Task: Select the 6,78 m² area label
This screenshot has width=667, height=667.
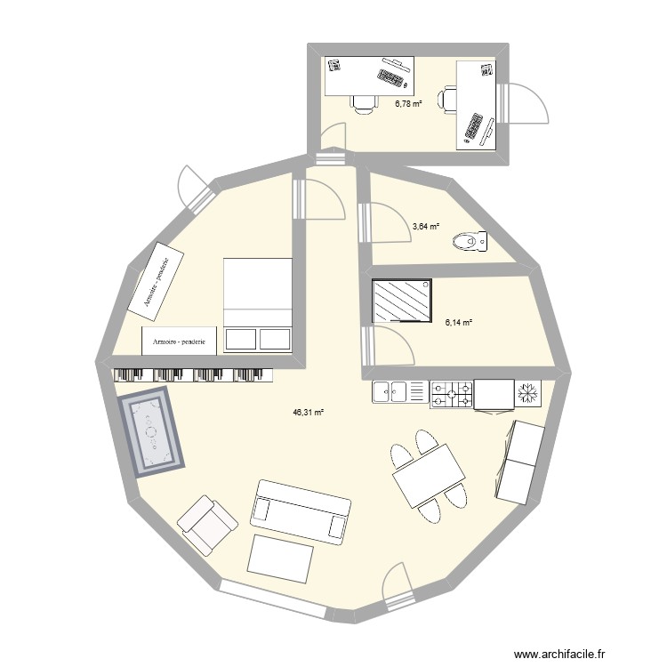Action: point(408,103)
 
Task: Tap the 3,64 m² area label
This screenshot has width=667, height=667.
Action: point(426,227)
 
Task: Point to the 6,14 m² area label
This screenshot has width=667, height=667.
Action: point(458,323)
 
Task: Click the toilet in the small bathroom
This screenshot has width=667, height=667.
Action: point(470,240)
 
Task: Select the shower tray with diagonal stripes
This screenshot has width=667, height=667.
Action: point(403,301)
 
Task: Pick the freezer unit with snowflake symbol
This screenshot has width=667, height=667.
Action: point(528,392)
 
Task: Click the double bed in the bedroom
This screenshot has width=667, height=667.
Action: point(258,304)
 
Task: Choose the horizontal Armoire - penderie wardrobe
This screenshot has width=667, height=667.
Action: point(180,341)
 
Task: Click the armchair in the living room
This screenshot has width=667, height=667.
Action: point(208,525)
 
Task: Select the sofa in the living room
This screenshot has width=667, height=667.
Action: point(299,511)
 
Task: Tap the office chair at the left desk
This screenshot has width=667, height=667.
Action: point(363,104)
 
